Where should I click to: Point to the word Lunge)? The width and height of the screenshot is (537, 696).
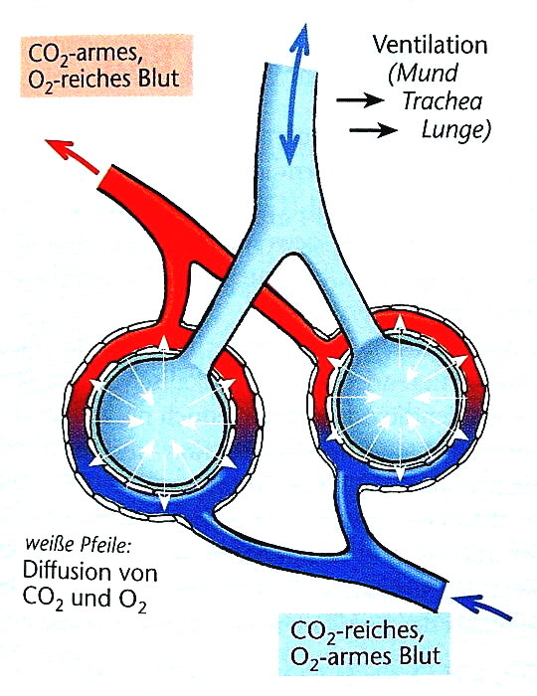pyautogui.click(x=455, y=129)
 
